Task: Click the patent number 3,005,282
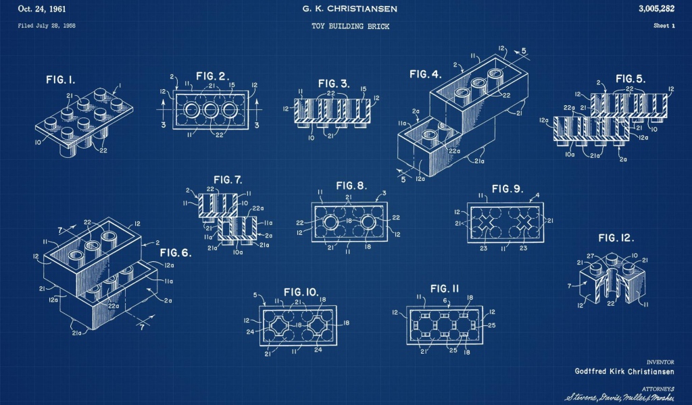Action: pos(656,9)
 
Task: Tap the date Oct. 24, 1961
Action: pos(43,9)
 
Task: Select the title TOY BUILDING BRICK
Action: pos(350,26)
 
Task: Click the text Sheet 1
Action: pos(664,26)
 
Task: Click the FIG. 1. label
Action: pos(60,80)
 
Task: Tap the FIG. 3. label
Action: pos(335,83)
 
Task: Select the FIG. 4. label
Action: pos(425,74)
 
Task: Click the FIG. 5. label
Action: pos(630,78)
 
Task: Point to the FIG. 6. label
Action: pos(176,253)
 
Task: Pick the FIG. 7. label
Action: pos(228,180)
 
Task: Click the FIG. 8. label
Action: pos(351,186)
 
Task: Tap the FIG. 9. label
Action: pos(508,188)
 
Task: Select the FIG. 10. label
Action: pos(301,292)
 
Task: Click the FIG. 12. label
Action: pos(616,238)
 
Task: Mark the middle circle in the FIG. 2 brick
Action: pos(210,111)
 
